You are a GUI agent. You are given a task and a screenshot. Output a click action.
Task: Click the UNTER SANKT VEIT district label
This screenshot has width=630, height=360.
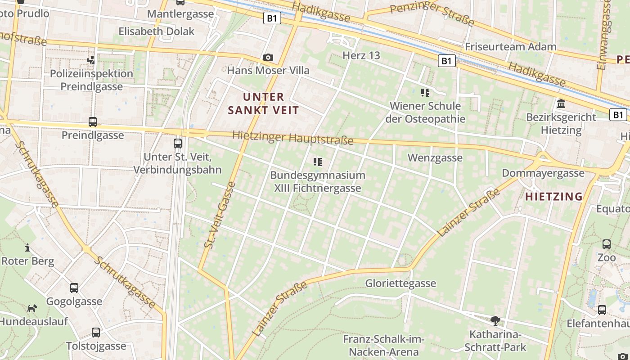click(x=263, y=103)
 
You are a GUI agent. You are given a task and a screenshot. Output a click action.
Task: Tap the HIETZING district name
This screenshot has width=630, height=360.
click(x=554, y=197)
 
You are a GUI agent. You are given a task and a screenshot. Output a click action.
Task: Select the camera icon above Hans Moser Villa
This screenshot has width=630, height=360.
click(x=268, y=58)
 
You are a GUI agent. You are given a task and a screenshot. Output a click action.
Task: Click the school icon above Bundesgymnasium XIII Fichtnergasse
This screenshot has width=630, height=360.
click(x=318, y=162)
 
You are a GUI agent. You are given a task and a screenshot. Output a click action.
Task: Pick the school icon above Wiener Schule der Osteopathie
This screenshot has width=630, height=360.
click(x=425, y=93)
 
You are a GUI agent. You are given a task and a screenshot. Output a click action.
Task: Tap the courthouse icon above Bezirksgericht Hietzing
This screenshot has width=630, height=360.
click(x=561, y=104)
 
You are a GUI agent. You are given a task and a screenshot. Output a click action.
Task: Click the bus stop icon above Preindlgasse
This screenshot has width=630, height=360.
click(x=93, y=121)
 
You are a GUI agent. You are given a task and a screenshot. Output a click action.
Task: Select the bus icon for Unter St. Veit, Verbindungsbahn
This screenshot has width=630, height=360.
click(x=178, y=144)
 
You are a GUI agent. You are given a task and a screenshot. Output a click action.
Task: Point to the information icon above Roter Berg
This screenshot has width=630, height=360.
click(x=27, y=247)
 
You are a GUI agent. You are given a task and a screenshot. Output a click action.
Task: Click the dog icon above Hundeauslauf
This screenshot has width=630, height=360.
click(x=32, y=309)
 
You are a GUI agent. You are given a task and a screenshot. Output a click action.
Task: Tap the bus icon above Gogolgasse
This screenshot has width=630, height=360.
click(x=74, y=288)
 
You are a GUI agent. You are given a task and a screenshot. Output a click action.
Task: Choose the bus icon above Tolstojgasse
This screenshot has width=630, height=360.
click(x=96, y=333)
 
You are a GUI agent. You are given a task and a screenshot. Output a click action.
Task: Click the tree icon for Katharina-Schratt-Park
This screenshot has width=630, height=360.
click(x=495, y=321)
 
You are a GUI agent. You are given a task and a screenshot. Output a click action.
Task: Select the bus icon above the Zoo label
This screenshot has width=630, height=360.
click(x=607, y=244)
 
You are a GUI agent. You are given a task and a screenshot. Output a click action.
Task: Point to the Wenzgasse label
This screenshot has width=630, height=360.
click(x=435, y=158)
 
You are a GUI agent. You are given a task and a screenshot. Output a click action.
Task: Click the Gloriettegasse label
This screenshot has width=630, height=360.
click(x=400, y=283)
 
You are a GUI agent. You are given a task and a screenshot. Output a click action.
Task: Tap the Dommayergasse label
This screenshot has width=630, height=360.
click(x=543, y=173)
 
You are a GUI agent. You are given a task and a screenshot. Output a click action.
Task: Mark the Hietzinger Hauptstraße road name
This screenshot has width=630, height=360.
click(x=293, y=138)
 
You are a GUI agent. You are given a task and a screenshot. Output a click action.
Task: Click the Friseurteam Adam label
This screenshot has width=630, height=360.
click(x=510, y=47)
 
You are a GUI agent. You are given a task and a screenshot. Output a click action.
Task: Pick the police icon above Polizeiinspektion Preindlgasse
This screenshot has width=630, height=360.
click(x=91, y=60)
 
